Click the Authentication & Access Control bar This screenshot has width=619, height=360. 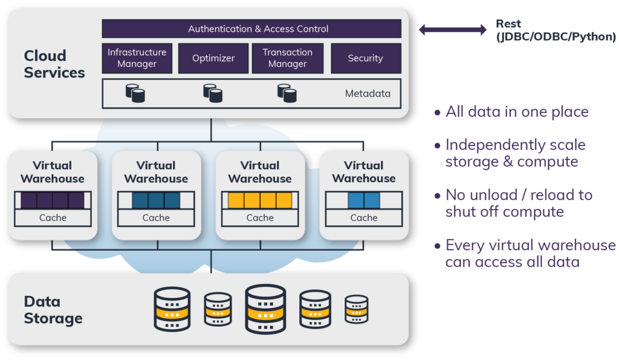[251, 28]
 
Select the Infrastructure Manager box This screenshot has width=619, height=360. [137, 58]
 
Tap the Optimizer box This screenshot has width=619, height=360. [213, 58]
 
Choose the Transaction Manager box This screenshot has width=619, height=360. [287, 58]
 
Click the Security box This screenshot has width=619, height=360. [365, 58]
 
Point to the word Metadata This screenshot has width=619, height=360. [368, 94]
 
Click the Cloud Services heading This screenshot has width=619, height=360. [54, 64]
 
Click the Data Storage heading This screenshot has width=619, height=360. [53, 310]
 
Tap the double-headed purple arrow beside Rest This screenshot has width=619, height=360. [453, 29]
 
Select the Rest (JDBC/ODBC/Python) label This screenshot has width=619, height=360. [556, 30]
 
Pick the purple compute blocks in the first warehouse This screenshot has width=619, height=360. [53, 201]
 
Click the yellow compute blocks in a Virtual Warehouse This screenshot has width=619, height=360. [260, 201]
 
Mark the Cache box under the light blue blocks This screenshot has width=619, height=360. [364, 218]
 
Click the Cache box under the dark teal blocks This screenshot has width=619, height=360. [156, 218]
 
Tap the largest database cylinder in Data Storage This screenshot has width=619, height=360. [265, 309]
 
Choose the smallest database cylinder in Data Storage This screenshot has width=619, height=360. [357, 309]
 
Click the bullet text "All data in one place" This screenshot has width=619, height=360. [517, 112]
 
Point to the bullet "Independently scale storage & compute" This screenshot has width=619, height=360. [515, 153]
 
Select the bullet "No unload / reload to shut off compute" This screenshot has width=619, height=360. [519, 204]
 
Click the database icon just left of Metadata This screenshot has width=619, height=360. [287, 93]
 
